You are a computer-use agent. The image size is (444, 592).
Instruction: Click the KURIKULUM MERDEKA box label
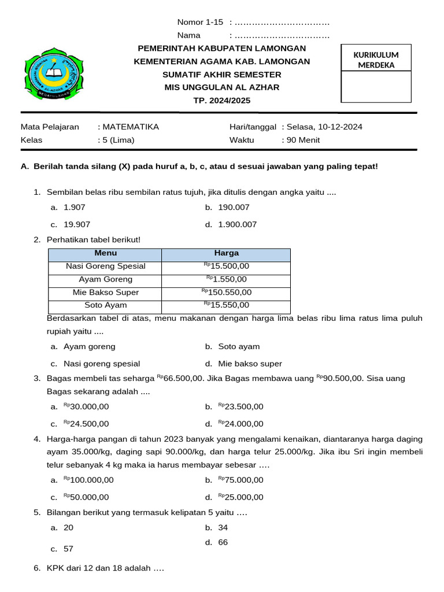click(x=376, y=60)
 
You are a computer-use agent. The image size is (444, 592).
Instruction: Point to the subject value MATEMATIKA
click(x=130, y=127)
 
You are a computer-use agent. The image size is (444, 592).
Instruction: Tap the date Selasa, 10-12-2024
click(x=324, y=127)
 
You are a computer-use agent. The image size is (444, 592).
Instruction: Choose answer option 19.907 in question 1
click(x=76, y=224)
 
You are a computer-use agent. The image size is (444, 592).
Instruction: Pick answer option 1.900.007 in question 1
click(x=237, y=224)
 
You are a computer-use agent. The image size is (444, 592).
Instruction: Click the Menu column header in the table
click(x=105, y=253)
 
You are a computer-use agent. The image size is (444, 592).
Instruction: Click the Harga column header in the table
click(x=226, y=253)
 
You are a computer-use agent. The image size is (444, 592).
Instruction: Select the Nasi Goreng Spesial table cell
click(x=105, y=267)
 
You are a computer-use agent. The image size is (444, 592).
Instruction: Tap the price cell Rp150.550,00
click(x=226, y=293)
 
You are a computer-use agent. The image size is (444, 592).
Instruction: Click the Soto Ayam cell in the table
click(x=105, y=305)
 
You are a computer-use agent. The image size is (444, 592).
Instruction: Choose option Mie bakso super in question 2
click(x=250, y=364)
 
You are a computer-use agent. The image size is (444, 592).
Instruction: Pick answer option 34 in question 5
click(x=223, y=527)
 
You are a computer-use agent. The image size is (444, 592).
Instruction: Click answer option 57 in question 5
click(x=68, y=549)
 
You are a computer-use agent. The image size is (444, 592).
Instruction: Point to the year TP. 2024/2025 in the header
click(x=222, y=101)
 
